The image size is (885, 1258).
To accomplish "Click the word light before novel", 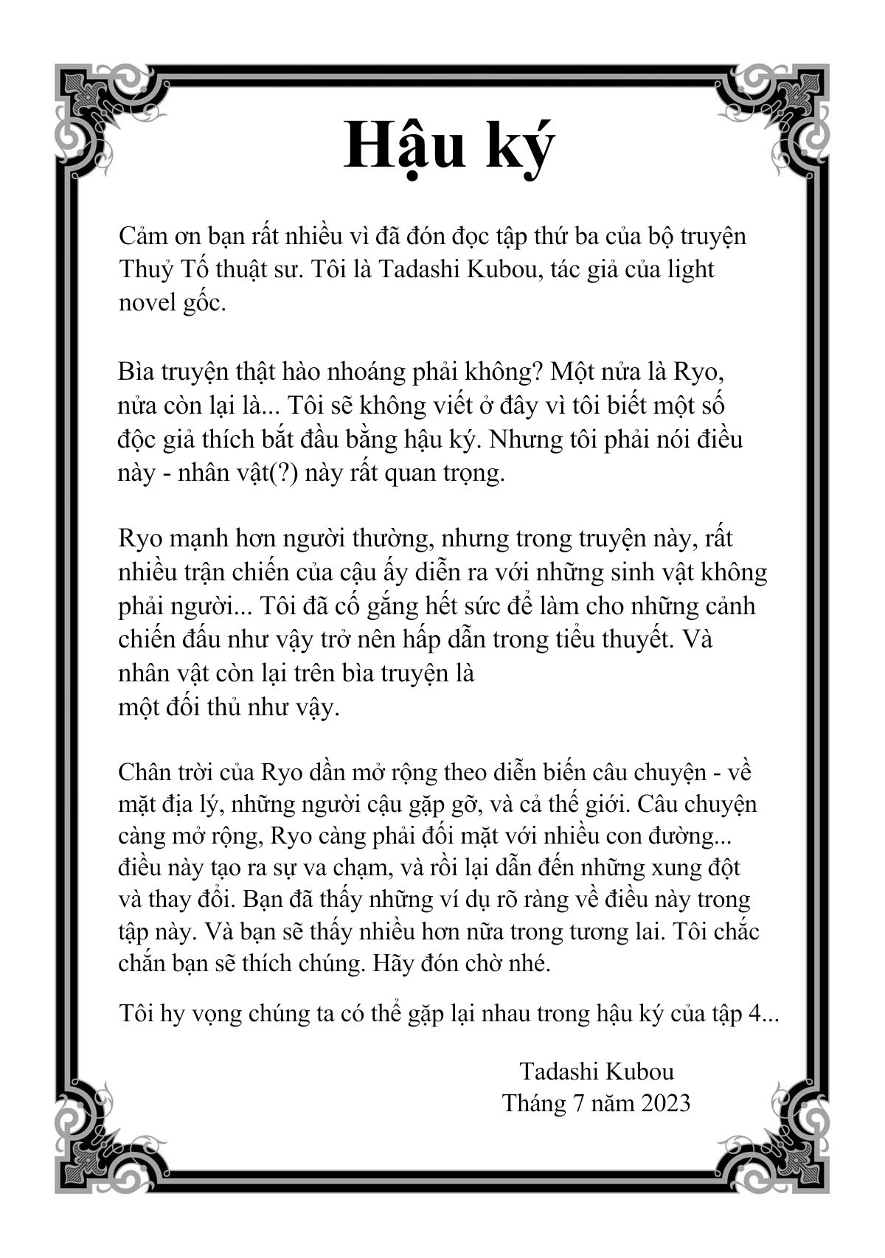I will (x=690, y=269).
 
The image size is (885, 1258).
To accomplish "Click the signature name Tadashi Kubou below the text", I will (x=597, y=1071).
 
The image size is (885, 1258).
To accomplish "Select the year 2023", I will (x=665, y=1103).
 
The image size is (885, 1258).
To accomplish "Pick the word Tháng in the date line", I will (x=532, y=1103).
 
